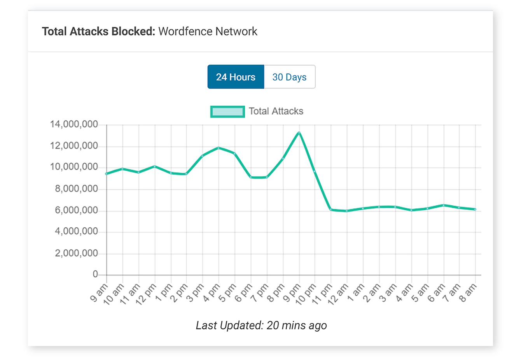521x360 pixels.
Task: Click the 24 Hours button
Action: click(x=236, y=77)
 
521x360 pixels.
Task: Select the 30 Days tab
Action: click(x=289, y=77)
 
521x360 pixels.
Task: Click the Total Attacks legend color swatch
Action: click(x=227, y=112)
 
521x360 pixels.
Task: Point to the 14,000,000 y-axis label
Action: click(x=74, y=124)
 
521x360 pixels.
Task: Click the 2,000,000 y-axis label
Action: click(x=76, y=253)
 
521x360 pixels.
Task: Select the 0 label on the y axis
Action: click(x=95, y=274)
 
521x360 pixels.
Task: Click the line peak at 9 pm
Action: click(x=299, y=133)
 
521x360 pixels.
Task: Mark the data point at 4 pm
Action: click(x=219, y=148)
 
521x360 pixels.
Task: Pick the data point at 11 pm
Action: click(x=331, y=210)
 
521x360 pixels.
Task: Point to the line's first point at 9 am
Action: click(x=107, y=174)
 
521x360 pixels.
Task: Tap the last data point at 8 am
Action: click(x=475, y=210)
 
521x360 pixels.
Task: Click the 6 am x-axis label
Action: click(x=436, y=292)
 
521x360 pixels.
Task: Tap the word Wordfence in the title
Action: click(x=182, y=31)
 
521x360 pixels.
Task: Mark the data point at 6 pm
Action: click(x=251, y=177)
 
